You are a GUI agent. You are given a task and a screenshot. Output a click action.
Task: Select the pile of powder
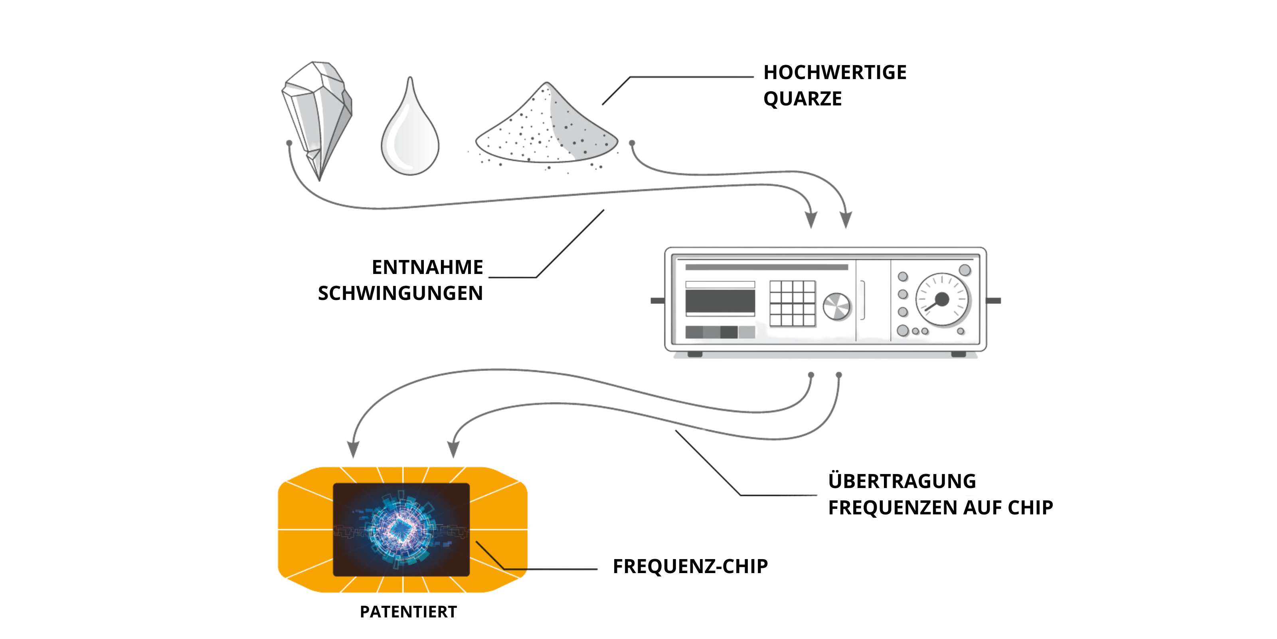coord(550,129)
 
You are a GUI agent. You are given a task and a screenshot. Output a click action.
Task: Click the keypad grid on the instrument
coord(792,303)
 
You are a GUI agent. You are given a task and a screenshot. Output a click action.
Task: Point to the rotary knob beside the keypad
coord(836,306)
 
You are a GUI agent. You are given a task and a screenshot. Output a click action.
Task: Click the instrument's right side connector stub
coord(994,301)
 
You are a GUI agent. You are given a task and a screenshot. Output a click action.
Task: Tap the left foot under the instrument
coord(694,354)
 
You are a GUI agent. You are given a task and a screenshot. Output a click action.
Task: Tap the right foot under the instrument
coord(958,354)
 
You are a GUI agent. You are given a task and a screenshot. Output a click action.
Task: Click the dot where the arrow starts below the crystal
coord(289,143)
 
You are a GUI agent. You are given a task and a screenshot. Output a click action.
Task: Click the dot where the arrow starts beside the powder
coord(632,143)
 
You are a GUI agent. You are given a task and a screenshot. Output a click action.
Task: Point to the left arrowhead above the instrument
coord(811,220)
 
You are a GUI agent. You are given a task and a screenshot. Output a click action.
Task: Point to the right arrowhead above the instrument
coord(846,220)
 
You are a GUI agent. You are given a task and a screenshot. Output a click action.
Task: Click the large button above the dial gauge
coord(965,270)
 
